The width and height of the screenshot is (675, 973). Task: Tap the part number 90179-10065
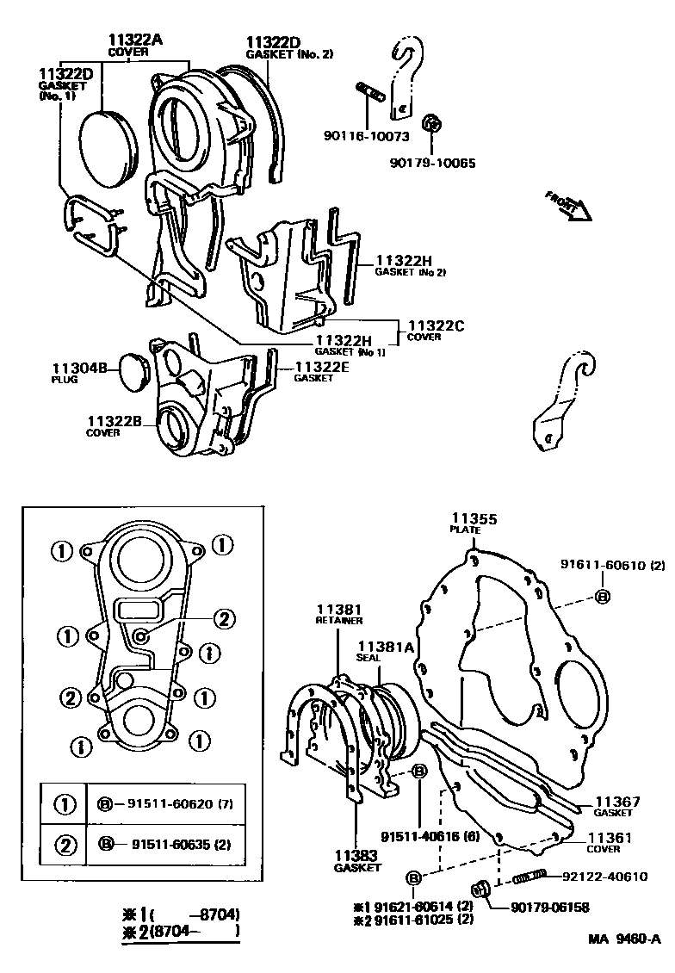(431, 162)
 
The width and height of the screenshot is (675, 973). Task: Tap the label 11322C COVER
(435, 330)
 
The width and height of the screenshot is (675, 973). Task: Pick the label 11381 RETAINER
(338, 613)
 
